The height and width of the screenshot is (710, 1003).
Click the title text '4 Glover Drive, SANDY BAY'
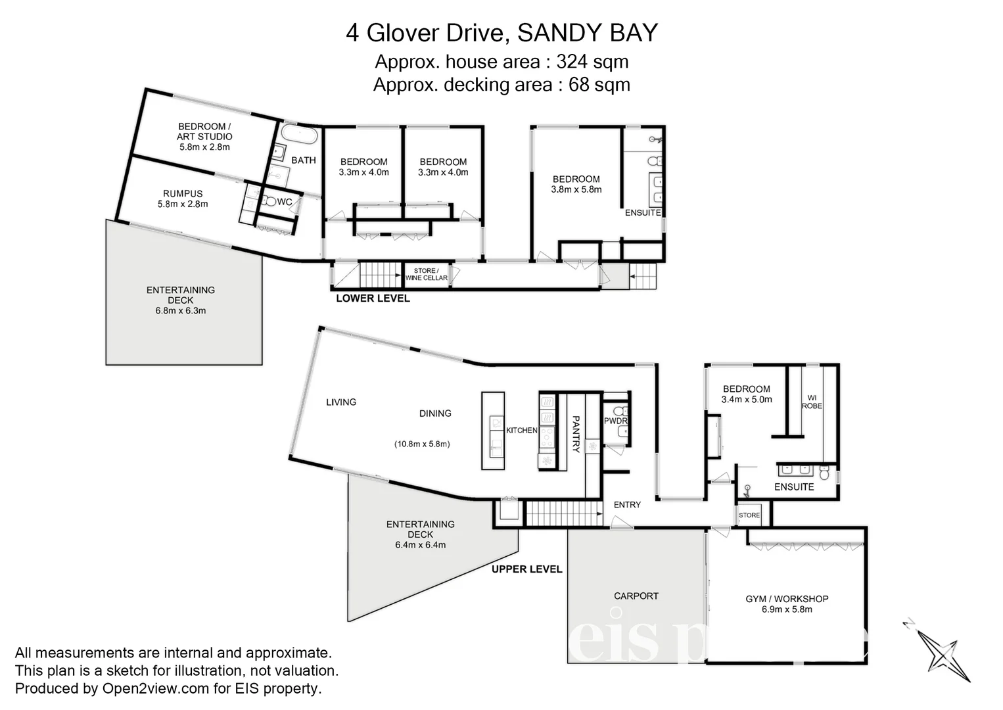point(501,32)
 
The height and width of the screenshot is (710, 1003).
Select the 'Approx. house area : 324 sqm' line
point(501,62)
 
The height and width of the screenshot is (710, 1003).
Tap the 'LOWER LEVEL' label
point(373,298)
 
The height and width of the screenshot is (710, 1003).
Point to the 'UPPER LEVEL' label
point(526,569)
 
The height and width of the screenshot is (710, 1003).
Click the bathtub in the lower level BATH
point(300,136)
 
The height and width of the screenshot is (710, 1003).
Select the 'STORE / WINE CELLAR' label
point(426,274)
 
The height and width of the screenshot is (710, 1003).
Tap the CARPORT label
point(636,596)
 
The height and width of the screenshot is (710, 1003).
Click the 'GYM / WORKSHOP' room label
point(787,599)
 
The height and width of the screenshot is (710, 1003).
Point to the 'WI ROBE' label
point(812,402)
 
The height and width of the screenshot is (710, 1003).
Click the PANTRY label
point(576,434)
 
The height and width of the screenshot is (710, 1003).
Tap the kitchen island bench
point(493,430)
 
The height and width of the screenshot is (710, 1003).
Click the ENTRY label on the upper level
point(626,505)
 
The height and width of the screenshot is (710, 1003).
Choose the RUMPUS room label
point(183,194)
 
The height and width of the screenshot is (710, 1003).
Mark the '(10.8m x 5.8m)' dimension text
point(421,444)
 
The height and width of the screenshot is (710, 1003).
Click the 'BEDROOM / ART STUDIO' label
point(204,131)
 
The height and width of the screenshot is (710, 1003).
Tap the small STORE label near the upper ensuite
point(749,515)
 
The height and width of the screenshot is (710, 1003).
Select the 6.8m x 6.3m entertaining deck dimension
point(180,311)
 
